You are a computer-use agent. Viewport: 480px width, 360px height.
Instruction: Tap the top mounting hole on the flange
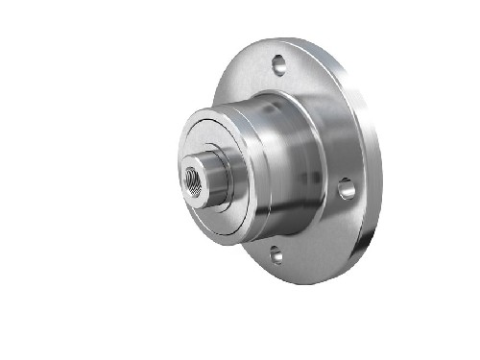coord(279,65)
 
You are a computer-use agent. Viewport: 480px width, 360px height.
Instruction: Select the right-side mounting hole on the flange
coord(348,188)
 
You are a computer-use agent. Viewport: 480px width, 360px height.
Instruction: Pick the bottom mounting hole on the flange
coord(276,254)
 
